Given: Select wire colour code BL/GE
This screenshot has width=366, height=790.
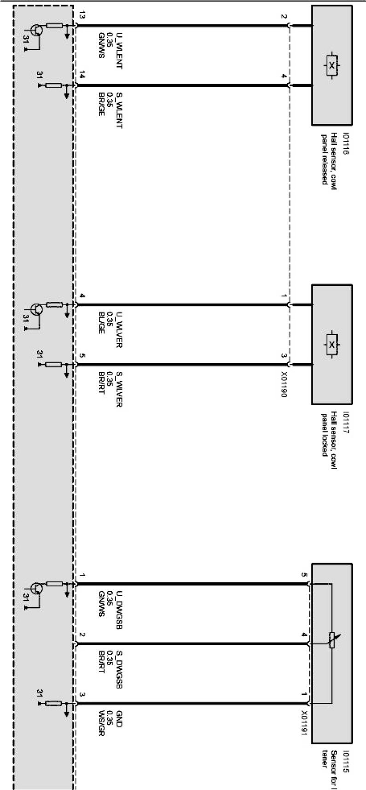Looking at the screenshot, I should pyautogui.click(x=101, y=323).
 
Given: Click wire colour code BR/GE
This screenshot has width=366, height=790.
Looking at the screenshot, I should pyautogui.click(x=101, y=104).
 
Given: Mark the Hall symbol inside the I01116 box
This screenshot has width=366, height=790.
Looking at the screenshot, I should pyautogui.click(x=331, y=65).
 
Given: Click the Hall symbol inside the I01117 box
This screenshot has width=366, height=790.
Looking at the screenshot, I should pyautogui.click(x=331, y=344).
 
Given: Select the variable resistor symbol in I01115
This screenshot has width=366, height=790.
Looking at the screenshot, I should pyautogui.click(x=331, y=640).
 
